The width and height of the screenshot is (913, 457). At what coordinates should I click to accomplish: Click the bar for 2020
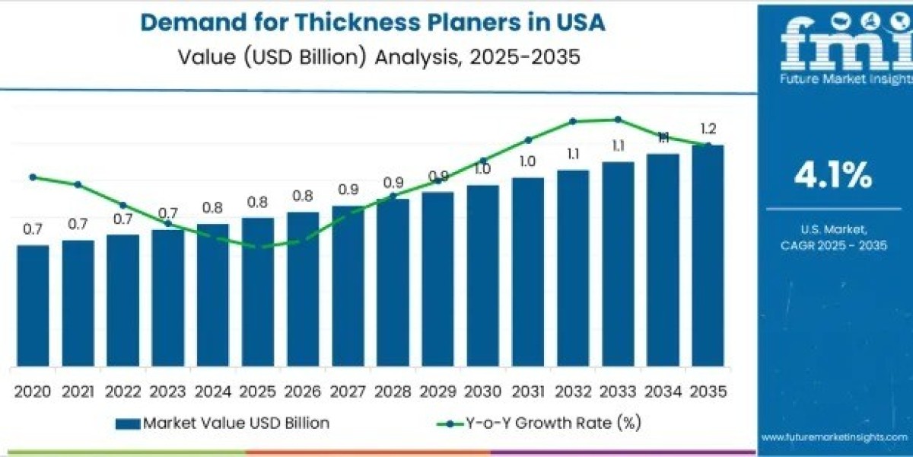click(33, 305)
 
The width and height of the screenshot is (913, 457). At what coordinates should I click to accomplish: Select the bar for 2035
click(708, 255)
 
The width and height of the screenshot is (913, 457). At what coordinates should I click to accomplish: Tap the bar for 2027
click(348, 286)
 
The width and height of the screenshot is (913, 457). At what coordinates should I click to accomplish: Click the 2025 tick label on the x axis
click(258, 391)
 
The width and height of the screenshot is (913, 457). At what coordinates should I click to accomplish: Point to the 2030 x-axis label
click(482, 391)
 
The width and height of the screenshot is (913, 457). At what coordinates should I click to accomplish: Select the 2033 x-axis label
click(618, 391)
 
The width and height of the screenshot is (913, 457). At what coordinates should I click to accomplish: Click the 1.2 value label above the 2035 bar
click(708, 129)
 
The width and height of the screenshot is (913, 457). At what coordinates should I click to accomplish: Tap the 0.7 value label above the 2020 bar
click(33, 229)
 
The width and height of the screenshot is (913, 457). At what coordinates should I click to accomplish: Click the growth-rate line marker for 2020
click(33, 177)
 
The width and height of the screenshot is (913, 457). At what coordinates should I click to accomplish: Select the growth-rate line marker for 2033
click(618, 119)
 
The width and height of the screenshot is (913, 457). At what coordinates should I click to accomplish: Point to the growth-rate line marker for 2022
click(122, 205)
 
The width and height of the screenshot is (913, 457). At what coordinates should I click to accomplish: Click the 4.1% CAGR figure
click(832, 177)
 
